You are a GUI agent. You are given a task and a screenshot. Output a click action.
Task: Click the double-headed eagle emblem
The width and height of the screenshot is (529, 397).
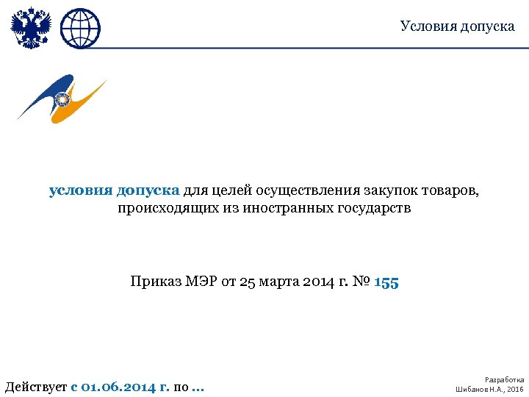[29, 28]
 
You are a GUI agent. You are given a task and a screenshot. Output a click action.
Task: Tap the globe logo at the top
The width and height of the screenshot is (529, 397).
[80, 28]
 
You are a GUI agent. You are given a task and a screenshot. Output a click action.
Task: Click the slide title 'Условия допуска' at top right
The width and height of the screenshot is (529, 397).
[457, 26]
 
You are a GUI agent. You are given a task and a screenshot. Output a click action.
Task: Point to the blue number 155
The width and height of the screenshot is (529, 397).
[386, 282]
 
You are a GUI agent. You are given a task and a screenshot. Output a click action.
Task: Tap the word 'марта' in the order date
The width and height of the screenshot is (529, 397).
[278, 282]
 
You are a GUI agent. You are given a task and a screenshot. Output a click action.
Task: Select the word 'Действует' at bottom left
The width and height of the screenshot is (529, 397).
[35, 387]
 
